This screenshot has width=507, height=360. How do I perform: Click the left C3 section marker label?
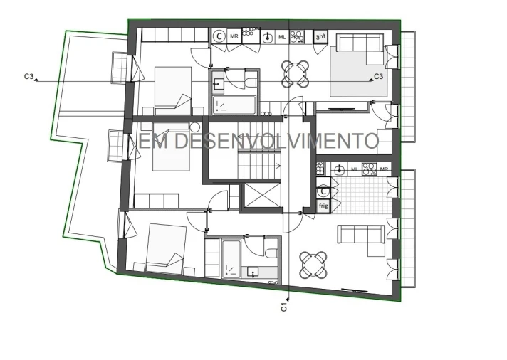pyautogui.click(x=29, y=75)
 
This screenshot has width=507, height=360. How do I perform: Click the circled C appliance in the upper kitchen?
pyautogui.click(x=219, y=35)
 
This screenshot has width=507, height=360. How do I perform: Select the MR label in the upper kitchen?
pyautogui.click(x=234, y=35)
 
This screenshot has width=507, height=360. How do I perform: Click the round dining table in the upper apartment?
pyautogui.click(x=295, y=73)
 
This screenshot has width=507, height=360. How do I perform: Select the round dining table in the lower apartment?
pyautogui.click(x=314, y=264)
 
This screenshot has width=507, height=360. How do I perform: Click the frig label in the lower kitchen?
pyautogui.click(x=323, y=206)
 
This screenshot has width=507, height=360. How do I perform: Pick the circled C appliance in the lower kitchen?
pyautogui.click(x=323, y=191)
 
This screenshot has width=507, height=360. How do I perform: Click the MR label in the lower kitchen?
pyautogui.click(x=385, y=169)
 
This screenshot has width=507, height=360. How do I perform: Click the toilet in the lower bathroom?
pyautogui.click(x=271, y=253)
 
